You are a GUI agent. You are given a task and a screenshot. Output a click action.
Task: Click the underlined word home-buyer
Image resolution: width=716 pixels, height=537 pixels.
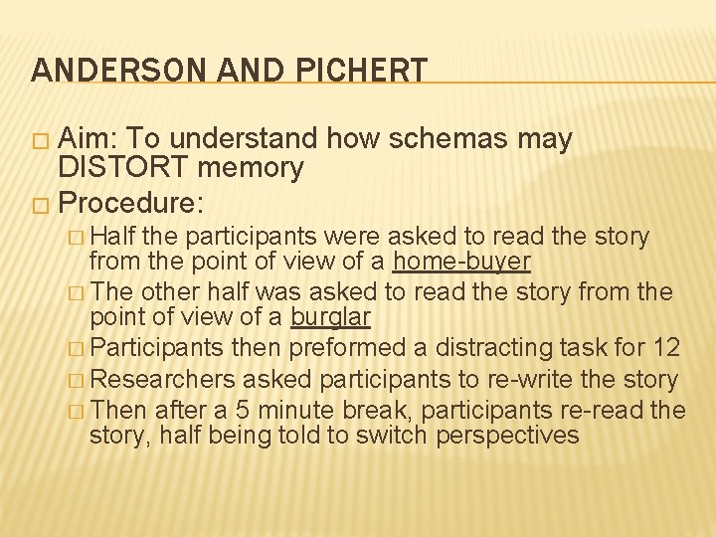(x=461, y=262)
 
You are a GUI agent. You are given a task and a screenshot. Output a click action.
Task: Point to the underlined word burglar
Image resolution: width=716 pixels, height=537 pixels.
(x=330, y=318)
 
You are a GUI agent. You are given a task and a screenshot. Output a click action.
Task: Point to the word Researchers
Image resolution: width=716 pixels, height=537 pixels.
(x=165, y=379)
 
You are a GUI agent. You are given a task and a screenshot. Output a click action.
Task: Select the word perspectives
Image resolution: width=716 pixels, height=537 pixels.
(x=507, y=435)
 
